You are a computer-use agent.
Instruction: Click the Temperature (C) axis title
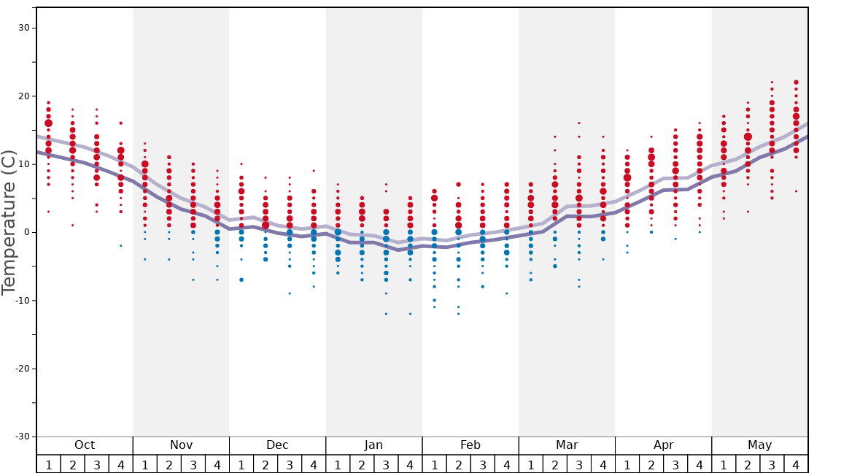click(9, 222)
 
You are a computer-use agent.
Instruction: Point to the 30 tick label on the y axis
click(23, 28)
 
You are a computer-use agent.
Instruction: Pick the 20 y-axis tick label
click(23, 96)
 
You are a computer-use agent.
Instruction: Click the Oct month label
click(85, 445)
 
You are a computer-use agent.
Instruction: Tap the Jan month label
click(373, 445)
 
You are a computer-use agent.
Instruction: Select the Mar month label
click(567, 445)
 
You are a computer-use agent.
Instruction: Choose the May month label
click(759, 445)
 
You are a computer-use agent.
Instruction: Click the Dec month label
click(277, 445)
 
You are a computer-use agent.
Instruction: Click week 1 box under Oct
click(49, 464)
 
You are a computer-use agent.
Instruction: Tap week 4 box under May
click(796, 464)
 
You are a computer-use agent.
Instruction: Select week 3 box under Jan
click(386, 464)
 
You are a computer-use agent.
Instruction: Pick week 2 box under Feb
click(458, 464)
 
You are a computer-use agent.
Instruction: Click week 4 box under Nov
click(217, 464)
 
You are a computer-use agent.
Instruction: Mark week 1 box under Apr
click(627, 464)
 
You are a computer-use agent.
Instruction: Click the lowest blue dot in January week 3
click(386, 314)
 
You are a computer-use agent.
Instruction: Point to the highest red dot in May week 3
click(772, 82)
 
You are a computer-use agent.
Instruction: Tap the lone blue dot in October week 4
click(121, 246)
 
